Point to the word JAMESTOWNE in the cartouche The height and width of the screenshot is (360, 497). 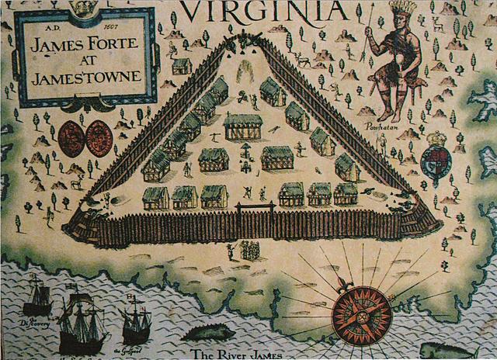(85, 78)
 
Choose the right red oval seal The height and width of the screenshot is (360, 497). (99, 138)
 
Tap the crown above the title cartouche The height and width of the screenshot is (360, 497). (81, 7)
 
